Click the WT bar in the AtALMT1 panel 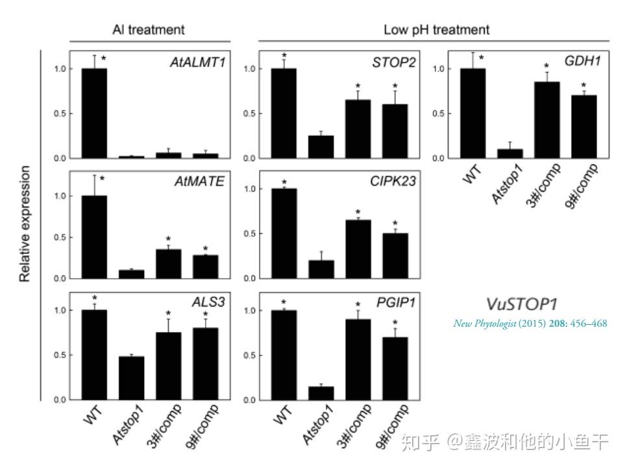[x=94, y=113]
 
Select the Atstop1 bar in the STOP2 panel [x=320, y=147]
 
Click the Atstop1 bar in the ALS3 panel [x=131, y=377]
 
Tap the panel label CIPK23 [x=392, y=182]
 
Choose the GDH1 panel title [x=582, y=62]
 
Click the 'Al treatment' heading [x=148, y=30]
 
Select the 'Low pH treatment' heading [x=436, y=30]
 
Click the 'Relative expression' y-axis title [x=25, y=224]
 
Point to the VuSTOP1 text [x=521, y=304]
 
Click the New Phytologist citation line [x=530, y=323]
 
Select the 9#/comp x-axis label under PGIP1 [x=393, y=425]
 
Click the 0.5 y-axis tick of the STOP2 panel [x=248, y=114]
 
